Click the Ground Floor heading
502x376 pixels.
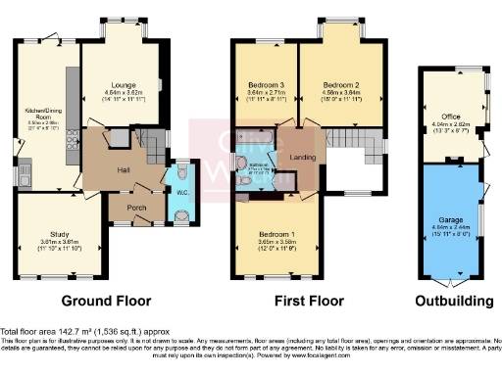point(103,301)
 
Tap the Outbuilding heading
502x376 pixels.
point(450,301)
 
